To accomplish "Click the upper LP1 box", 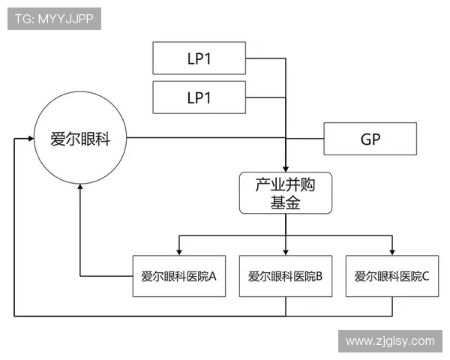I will (x=198, y=58).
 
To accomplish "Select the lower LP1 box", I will (x=198, y=97).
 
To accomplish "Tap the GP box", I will (x=370, y=139).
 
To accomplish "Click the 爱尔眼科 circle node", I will (x=79, y=139).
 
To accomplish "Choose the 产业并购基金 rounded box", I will (x=285, y=193).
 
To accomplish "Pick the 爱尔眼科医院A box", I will (x=178, y=275).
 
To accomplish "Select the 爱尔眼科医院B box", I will (x=285, y=275).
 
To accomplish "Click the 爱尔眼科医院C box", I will (x=391, y=275).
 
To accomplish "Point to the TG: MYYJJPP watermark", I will (x=54, y=19).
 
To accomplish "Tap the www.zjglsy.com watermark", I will (x=389, y=341).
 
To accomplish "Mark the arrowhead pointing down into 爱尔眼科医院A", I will (x=178, y=251).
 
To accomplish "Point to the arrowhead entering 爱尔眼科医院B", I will (x=286, y=251).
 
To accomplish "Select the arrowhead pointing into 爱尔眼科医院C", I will (x=391, y=251).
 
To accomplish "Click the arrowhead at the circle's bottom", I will (x=79, y=189).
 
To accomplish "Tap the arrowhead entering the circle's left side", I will (x=30, y=139).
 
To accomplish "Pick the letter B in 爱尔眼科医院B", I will (x=318, y=276).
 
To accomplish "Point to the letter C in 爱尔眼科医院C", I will (x=425, y=276).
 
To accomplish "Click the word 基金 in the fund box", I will (x=285, y=202).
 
